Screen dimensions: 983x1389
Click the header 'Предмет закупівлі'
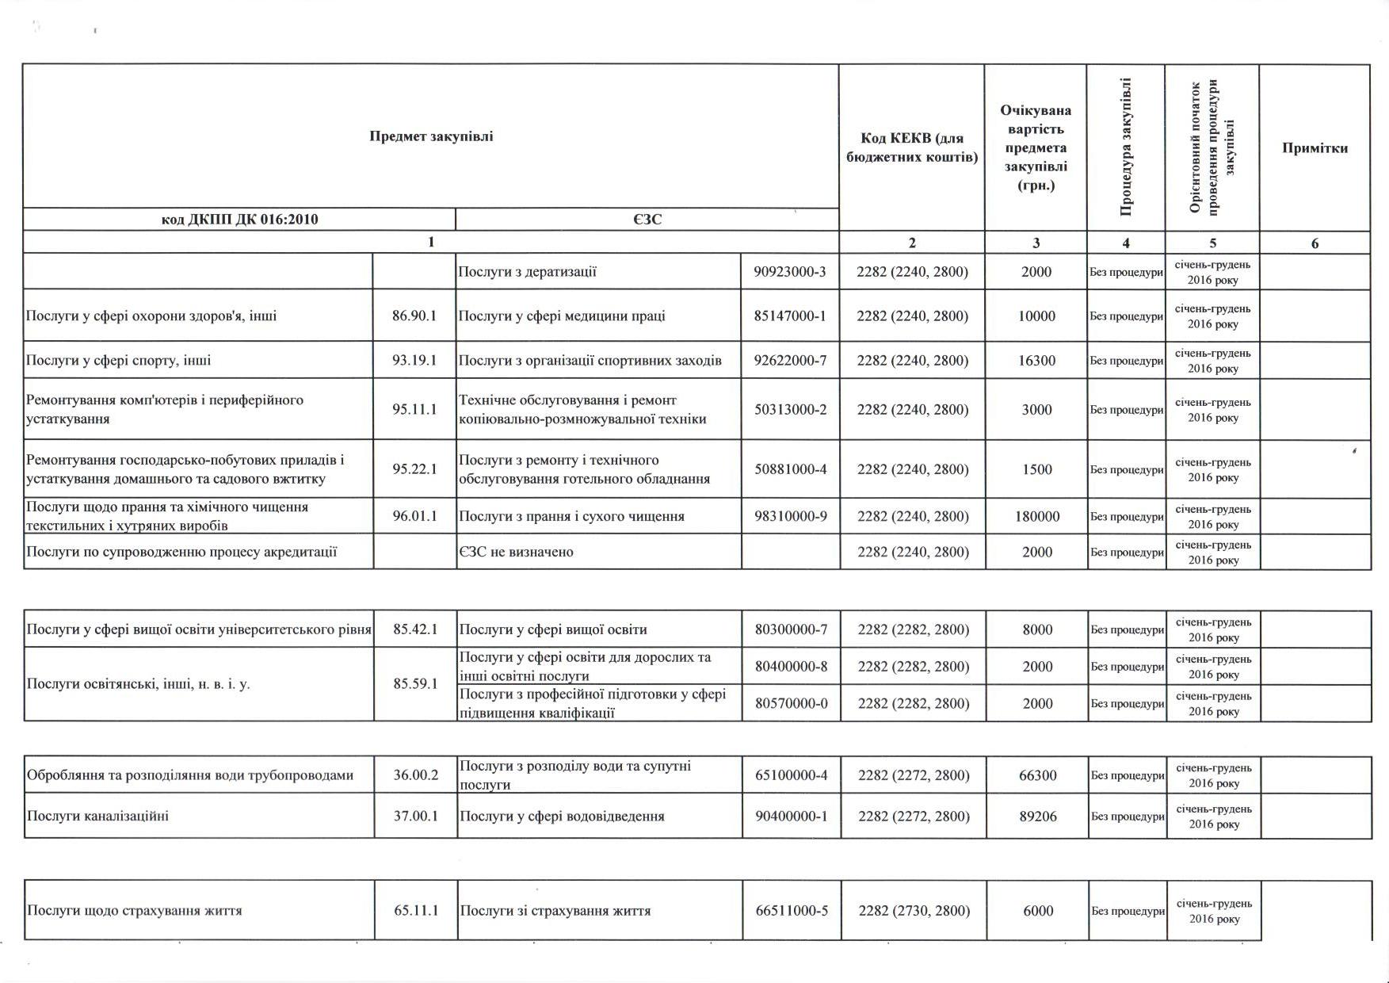click(x=431, y=136)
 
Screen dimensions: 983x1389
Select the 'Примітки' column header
click(x=1315, y=148)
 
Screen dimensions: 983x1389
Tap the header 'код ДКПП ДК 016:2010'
click(x=239, y=220)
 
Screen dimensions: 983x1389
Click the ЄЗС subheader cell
click(x=647, y=220)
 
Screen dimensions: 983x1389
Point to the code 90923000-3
click(x=790, y=272)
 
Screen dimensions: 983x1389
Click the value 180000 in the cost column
click(x=1036, y=516)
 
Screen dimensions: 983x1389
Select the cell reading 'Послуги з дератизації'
click(x=528, y=272)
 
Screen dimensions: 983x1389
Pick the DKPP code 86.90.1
click(x=414, y=316)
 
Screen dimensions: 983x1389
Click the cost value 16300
click(x=1036, y=361)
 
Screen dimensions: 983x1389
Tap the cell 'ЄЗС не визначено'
click(x=516, y=552)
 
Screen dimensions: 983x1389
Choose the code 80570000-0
click(x=791, y=703)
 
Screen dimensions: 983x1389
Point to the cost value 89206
click(x=1037, y=816)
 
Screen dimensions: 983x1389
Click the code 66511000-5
click(x=792, y=911)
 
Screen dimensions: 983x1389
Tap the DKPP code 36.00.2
click(x=416, y=775)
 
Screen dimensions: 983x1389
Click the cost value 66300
click(x=1037, y=775)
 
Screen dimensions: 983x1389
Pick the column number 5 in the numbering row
click(x=1212, y=243)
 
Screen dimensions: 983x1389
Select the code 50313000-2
click(x=790, y=410)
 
